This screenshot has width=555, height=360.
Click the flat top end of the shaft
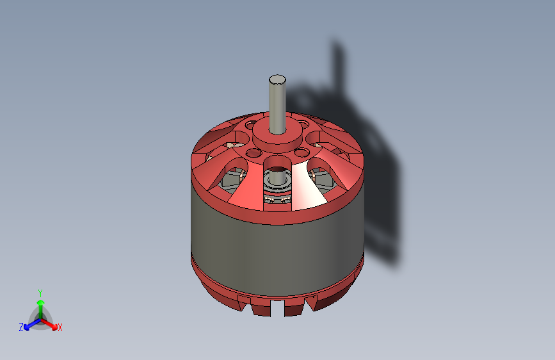click(277, 79)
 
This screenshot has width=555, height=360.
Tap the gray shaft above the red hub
click(277, 102)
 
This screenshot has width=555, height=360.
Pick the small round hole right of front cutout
click(300, 152)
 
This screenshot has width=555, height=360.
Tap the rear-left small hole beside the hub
click(251, 126)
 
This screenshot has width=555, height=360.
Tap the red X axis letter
click(60, 328)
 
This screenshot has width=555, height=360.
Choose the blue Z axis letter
click(21, 327)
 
